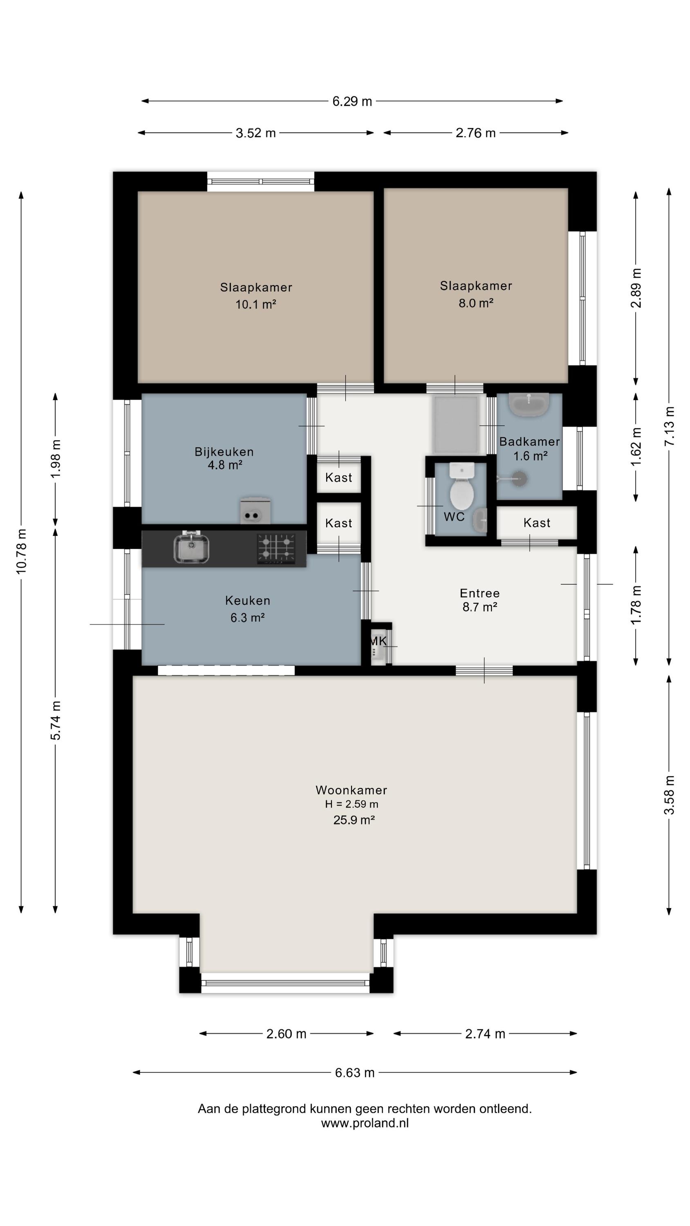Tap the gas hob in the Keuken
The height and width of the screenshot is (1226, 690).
(276, 548)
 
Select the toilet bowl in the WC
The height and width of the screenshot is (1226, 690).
(461, 487)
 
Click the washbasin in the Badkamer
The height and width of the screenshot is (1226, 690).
(529, 405)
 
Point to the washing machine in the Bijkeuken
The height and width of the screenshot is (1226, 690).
(255, 511)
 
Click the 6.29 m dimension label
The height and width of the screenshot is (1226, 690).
(352, 101)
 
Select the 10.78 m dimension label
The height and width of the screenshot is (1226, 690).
(21, 551)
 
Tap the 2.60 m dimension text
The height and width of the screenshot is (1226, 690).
(286, 1034)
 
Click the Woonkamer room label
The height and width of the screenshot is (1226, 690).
(352, 790)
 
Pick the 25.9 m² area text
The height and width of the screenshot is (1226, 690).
(354, 820)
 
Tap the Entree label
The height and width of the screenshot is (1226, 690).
(479, 593)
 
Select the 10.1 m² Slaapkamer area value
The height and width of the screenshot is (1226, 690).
(256, 304)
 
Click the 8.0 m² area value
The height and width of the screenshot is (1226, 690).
(476, 303)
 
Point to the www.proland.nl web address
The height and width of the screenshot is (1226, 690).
(365, 1123)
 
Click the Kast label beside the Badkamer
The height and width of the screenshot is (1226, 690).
(537, 523)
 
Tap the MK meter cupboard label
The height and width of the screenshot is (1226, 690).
(378, 641)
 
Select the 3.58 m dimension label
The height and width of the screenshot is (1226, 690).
(669, 795)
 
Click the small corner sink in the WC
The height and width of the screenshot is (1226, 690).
(480, 520)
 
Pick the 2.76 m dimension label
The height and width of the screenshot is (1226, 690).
(475, 133)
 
